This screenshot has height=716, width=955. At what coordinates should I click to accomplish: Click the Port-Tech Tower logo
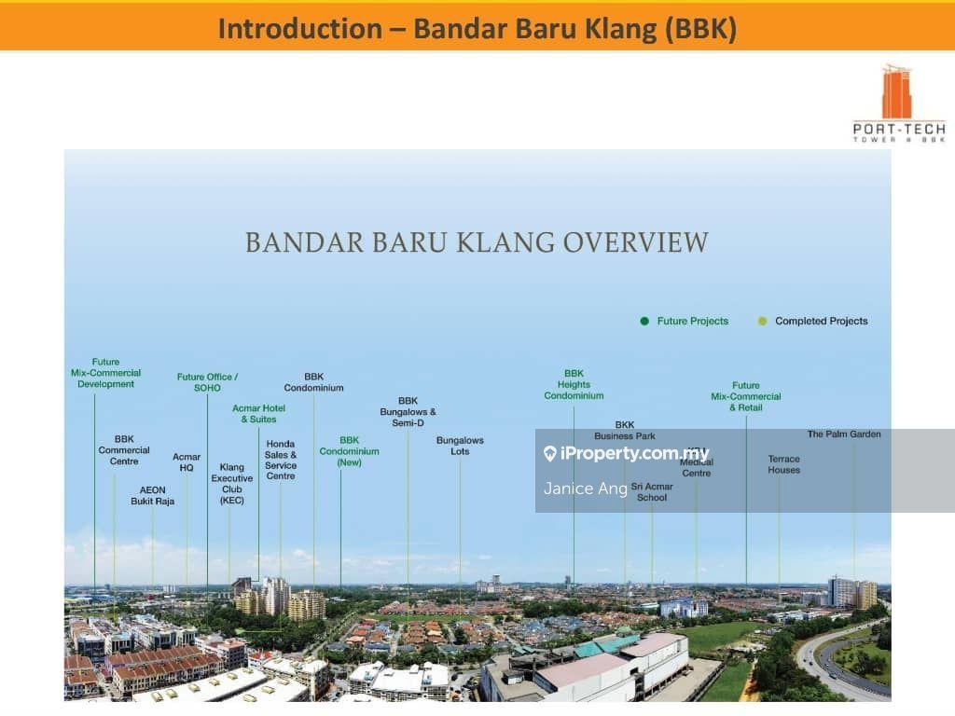click(899, 103)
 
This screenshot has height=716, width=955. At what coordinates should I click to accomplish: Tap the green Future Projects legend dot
click(644, 321)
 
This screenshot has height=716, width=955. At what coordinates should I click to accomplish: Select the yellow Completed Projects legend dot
click(762, 321)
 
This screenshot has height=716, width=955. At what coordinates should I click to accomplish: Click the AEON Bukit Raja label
click(152, 495)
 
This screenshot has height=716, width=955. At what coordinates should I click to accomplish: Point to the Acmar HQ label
click(187, 462)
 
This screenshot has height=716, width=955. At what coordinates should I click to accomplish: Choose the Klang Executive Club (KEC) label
click(232, 484)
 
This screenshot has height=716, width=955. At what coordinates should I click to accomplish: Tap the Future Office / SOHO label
click(207, 382)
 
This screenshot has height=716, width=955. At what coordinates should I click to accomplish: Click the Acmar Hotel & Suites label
click(258, 413)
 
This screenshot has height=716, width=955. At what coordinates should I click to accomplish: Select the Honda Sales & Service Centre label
click(281, 460)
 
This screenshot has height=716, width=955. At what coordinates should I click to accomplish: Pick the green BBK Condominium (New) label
click(349, 451)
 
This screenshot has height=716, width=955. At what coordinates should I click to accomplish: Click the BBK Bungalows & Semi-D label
click(408, 411)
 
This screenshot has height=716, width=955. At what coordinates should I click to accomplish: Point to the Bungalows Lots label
click(460, 446)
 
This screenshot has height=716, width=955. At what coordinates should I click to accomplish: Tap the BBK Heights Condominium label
click(574, 384)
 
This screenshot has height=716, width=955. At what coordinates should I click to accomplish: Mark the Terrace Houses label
click(783, 464)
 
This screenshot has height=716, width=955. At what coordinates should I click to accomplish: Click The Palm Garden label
click(843, 434)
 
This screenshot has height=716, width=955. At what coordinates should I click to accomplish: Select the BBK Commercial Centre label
click(124, 449)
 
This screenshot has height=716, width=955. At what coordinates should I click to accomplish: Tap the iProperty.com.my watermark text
click(634, 454)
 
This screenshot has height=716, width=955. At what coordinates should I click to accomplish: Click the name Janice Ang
click(585, 489)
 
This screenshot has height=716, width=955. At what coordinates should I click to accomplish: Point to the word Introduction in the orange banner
click(299, 29)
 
